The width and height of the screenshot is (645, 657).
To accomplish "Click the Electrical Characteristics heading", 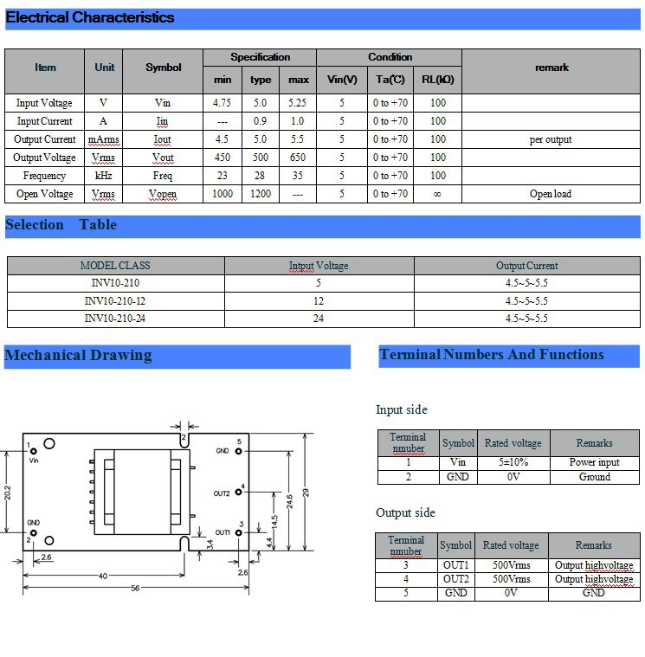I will (x=90, y=17).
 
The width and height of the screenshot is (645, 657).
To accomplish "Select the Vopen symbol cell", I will (x=163, y=194).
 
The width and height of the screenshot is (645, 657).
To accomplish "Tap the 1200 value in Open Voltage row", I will (x=261, y=194).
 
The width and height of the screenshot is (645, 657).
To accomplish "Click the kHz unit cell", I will (x=105, y=176).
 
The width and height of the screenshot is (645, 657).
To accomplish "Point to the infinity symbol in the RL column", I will (x=437, y=194).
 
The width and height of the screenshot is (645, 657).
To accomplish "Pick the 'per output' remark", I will (x=551, y=139).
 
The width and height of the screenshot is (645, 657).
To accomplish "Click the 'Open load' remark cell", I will (x=551, y=194).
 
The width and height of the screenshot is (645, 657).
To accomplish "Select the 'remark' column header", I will (x=551, y=68).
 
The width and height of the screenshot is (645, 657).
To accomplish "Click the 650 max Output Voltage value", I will (x=299, y=158).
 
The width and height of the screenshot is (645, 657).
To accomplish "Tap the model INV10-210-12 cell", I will (x=115, y=301).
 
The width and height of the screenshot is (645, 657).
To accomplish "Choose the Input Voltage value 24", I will (x=318, y=319).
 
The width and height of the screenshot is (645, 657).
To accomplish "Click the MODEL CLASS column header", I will (x=115, y=266).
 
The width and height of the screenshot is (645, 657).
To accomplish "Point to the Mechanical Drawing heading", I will (x=78, y=355).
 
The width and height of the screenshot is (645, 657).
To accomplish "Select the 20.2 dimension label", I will (x=8, y=492).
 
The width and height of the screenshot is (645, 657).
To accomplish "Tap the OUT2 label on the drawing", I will (x=222, y=493).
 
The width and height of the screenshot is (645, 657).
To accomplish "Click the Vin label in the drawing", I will (x=35, y=461).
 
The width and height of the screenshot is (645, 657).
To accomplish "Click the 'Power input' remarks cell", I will (x=595, y=462).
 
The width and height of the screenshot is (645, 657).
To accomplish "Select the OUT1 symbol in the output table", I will (x=456, y=565).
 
